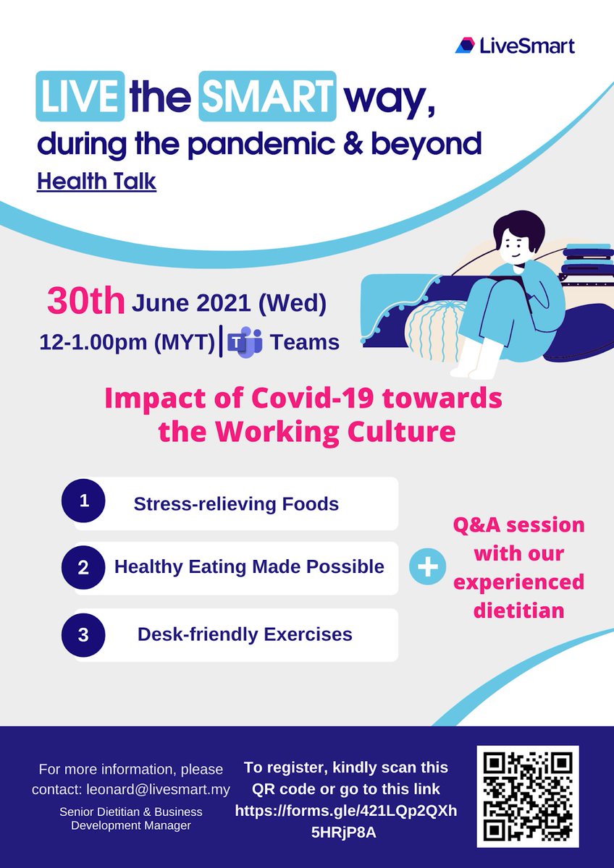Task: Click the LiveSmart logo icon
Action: click(465, 46)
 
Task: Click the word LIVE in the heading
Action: click(79, 98)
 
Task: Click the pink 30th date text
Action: click(85, 302)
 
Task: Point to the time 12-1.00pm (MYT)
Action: click(128, 341)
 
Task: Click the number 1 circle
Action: click(83, 501)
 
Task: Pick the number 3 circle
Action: click(83, 634)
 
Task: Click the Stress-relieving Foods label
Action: click(236, 503)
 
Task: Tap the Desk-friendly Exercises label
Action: click(245, 634)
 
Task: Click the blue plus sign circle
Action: click(428, 567)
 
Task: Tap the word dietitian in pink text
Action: click(518, 610)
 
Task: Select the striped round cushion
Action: click(432, 327)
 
